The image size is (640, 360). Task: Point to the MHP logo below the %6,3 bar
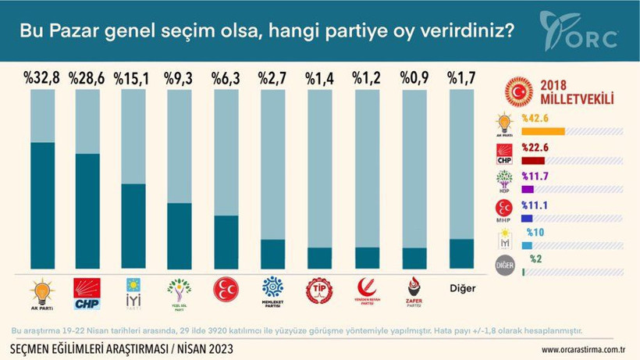[x=226, y=290]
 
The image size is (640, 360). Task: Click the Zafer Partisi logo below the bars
[x=414, y=290]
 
